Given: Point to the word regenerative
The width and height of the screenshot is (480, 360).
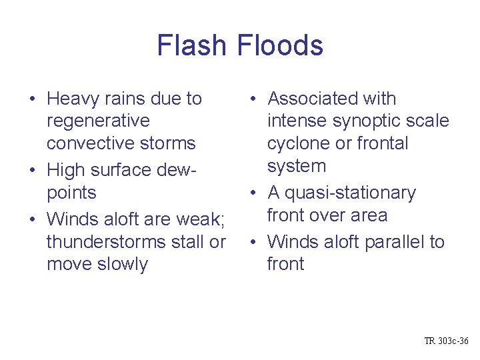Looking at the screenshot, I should pyautogui.click(x=98, y=121).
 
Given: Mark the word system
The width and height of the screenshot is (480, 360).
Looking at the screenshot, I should pyautogui.click(x=296, y=166).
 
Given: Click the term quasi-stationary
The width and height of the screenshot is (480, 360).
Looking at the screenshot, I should pyautogui.click(x=349, y=193).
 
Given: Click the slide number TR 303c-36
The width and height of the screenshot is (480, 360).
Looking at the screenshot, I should pyautogui.click(x=446, y=341).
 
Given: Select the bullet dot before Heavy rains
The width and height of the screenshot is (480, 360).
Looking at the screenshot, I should pyautogui.click(x=32, y=100).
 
